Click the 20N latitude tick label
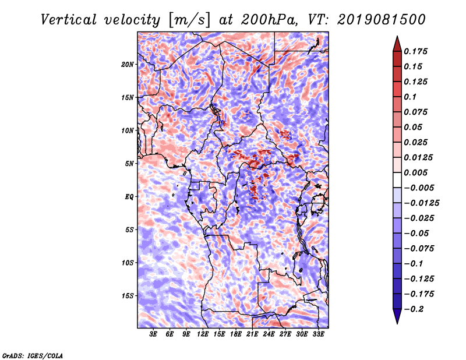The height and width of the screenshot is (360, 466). (128, 65)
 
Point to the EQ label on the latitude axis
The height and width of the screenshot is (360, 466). (129, 197)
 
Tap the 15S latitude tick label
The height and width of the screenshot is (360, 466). (128, 296)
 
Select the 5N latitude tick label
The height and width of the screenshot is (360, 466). (129, 164)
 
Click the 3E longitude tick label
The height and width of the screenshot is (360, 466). (153, 334)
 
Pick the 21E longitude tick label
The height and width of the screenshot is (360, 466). (252, 334)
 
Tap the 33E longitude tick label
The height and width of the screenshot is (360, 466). (318, 334)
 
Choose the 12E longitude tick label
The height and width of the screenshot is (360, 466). (203, 334)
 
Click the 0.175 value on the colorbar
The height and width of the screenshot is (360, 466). (415, 51)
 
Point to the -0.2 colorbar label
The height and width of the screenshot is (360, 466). (414, 309)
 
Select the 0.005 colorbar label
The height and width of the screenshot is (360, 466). (415, 172)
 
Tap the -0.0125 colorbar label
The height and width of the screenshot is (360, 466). (421, 203)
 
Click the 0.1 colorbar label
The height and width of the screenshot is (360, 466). (410, 97)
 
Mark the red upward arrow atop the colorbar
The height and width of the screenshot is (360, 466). (397, 44)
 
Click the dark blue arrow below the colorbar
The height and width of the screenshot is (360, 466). (397, 316)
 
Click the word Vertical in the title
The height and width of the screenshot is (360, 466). (69, 20)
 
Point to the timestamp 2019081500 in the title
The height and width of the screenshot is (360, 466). (382, 20)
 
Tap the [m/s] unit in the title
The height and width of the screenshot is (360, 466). (189, 20)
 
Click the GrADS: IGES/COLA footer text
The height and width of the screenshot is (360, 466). (33, 355)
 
